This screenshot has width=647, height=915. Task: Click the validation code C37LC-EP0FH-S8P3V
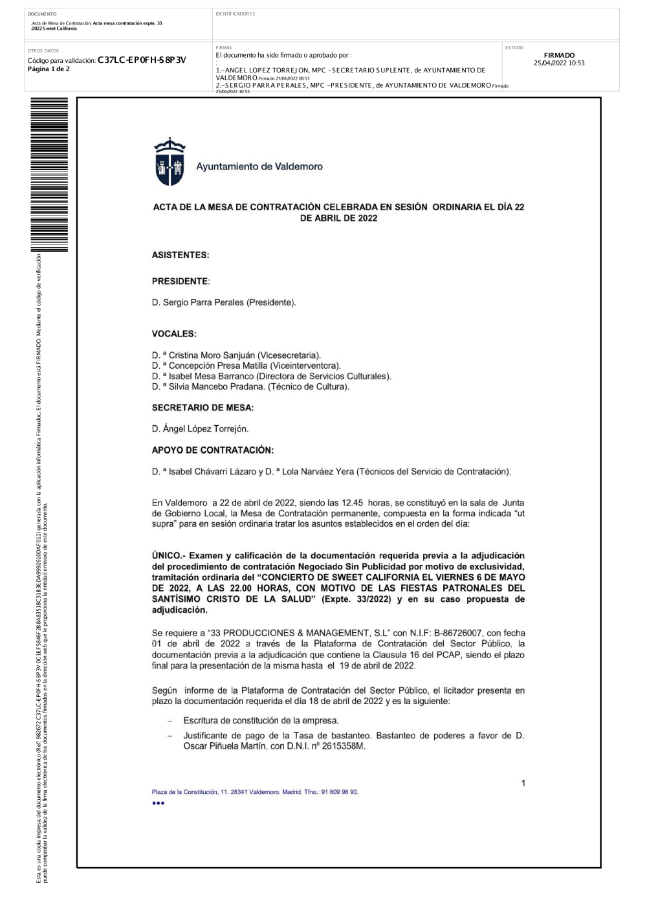[142, 60]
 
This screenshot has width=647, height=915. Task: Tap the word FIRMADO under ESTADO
[559, 56]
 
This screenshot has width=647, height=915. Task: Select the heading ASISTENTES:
[181, 255]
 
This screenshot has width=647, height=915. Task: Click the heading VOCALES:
[174, 334]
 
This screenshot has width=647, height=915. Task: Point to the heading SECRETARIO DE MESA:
[203, 408]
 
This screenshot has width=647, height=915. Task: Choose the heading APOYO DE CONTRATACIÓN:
[212, 450]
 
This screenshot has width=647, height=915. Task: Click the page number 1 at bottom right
[523, 783]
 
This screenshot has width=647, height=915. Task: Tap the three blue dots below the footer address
[159, 803]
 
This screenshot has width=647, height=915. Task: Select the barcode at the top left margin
[49, 175]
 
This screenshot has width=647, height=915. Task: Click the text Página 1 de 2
[49, 69]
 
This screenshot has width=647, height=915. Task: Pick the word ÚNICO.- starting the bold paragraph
[167, 555]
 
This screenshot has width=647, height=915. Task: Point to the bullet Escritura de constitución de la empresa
[261, 720]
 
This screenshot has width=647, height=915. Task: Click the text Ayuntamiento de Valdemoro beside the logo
[259, 166]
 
